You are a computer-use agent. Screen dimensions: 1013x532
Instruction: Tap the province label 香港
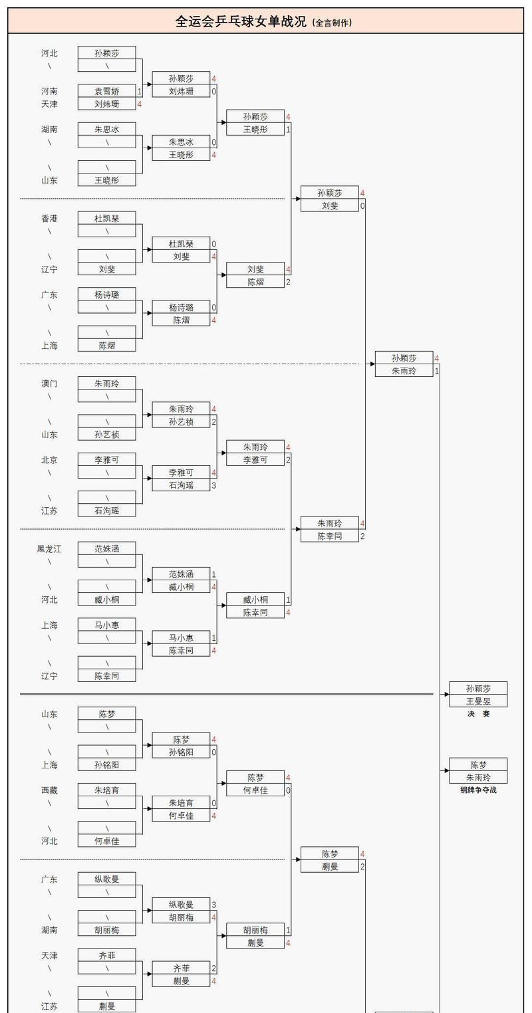click(x=49, y=218)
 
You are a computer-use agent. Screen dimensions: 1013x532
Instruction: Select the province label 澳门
click(x=49, y=384)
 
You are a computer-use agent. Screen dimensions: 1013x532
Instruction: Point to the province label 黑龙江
click(x=49, y=549)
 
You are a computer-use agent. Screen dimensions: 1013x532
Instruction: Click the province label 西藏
click(x=49, y=790)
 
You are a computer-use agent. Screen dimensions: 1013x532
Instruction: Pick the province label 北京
click(x=49, y=460)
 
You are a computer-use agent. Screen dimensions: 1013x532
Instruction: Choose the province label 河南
click(x=49, y=91)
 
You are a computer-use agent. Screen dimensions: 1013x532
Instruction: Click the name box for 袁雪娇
click(x=106, y=91)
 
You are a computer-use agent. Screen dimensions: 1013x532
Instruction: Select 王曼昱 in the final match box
click(x=478, y=701)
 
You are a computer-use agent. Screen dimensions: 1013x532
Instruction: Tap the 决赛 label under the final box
click(x=478, y=714)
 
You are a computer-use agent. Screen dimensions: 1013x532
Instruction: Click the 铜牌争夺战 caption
click(x=478, y=790)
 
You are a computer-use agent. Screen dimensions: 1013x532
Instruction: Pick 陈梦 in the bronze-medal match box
click(x=478, y=765)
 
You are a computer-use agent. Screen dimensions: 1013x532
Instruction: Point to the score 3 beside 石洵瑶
click(x=214, y=485)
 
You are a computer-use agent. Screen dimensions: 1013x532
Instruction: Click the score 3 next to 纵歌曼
click(x=214, y=905)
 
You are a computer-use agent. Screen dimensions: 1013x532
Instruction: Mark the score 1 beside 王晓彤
click(x=288, y=130)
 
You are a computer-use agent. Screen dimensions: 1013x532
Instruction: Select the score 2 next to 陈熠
click(x=288, y=282)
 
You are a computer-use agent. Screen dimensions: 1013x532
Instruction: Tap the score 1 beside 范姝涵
click(x=214, y=574)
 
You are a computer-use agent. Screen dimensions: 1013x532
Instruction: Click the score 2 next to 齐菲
click(x=214, y=968)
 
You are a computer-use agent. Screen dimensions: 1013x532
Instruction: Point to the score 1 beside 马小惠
click(x=214, y=638)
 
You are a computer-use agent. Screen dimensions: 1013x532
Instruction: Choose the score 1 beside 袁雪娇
click(x=140, y=91)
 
